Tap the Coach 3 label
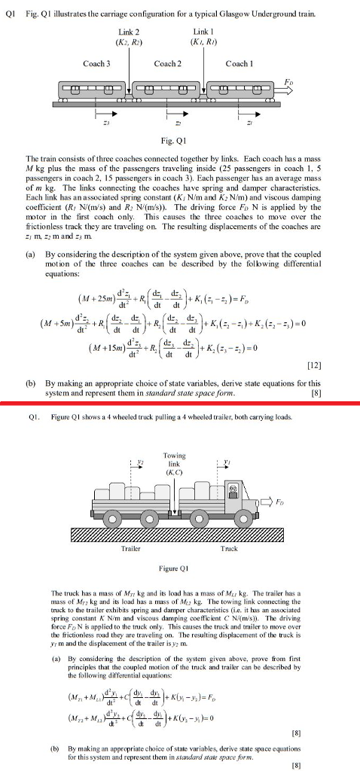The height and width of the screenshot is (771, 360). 96,64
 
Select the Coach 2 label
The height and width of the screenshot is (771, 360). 166,64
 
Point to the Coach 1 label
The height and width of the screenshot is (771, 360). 239,64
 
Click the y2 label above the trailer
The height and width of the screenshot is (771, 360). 118,462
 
